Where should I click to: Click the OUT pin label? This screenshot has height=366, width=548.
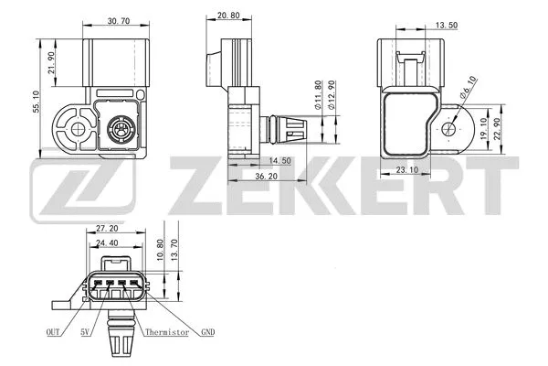[x=53, y=332]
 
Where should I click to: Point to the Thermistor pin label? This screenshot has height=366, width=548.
[x=170, y=332]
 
